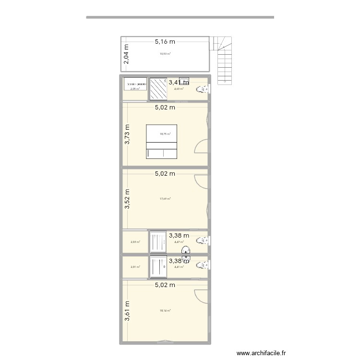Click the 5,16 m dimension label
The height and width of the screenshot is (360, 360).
(165, 42)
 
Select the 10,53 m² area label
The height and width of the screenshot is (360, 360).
(165, 54)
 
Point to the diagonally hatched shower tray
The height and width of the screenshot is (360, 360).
(157, 89)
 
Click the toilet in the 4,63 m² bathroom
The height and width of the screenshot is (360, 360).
(204, 89)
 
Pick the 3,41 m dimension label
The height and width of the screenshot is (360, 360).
(179, 83)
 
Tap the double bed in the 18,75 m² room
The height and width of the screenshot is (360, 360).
(162, 142)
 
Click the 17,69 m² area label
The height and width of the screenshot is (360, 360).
(165, 199)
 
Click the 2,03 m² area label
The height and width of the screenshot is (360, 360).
(135, 242)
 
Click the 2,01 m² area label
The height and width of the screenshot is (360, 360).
(135, 267)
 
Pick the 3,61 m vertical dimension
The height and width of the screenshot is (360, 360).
(127, 312)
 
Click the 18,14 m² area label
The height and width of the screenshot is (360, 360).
(165, 311)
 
